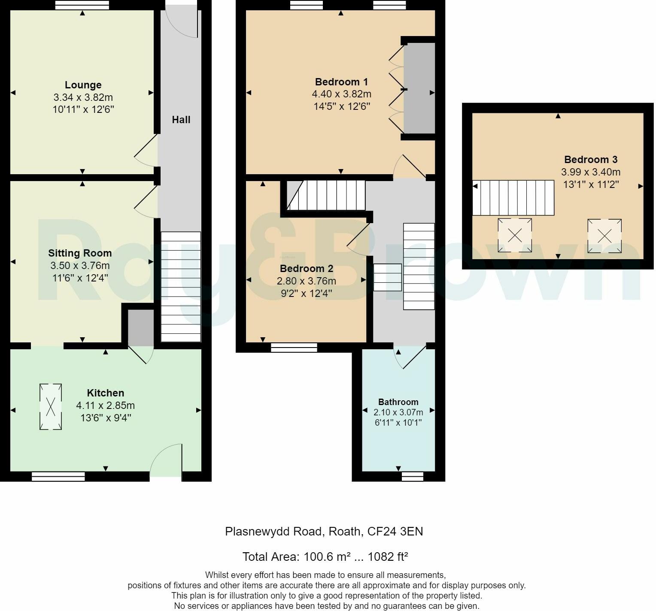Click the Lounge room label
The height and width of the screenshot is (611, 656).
click(x=83, y=85)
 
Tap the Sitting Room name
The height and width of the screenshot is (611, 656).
click(x=80, y=253)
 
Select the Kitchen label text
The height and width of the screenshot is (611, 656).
click(x=106, y=393)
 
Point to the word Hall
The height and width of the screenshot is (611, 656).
click(x=181, y=120)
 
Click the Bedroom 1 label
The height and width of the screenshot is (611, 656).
click(x=341, y=82)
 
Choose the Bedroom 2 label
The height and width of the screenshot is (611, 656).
click(x=307, y=269)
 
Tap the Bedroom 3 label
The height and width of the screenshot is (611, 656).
click(x=591, y=160)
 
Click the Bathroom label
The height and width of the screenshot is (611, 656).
click(x=398, y=402)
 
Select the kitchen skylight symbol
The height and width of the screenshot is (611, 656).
click(x=51, y=406)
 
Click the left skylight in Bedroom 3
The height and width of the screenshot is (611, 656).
click(x=515, y=235)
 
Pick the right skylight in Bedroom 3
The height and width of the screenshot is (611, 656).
click(x=604, y=236)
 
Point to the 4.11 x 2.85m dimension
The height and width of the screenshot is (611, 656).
click(x=106, y=405)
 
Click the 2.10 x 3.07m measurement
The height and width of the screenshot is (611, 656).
click(x=398, y=412)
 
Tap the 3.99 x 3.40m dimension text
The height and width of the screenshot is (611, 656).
click(x=591, y=172)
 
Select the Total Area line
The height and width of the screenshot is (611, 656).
click(x=325, y=557)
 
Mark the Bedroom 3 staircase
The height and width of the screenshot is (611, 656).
click(x=513, y=198)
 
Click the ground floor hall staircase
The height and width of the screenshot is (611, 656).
click(x=181, y=287)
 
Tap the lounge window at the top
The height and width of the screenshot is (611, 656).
click(x=82, y=5)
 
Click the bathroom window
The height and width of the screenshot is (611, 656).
click(x=412, y=476)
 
